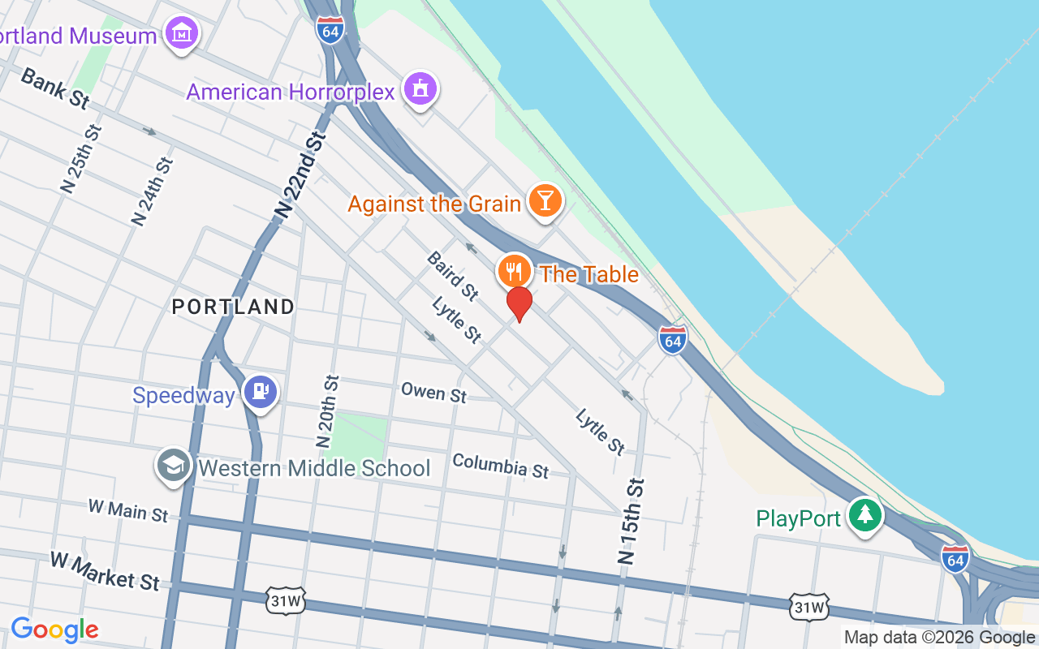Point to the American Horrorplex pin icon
click(420, 89)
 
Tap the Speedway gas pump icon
click(261, 393)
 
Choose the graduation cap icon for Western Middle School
click(174, 466)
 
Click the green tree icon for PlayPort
click(865, 515)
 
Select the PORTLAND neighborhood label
click(233, 307)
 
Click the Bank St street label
click(54, 88)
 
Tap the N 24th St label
click(153, 191)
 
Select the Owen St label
click(434, 393)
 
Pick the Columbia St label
click(500, 466)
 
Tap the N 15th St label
click(631, 521)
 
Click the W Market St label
click(105, 570)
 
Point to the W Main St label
click(127, 510)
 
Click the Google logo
click(54, 629)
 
